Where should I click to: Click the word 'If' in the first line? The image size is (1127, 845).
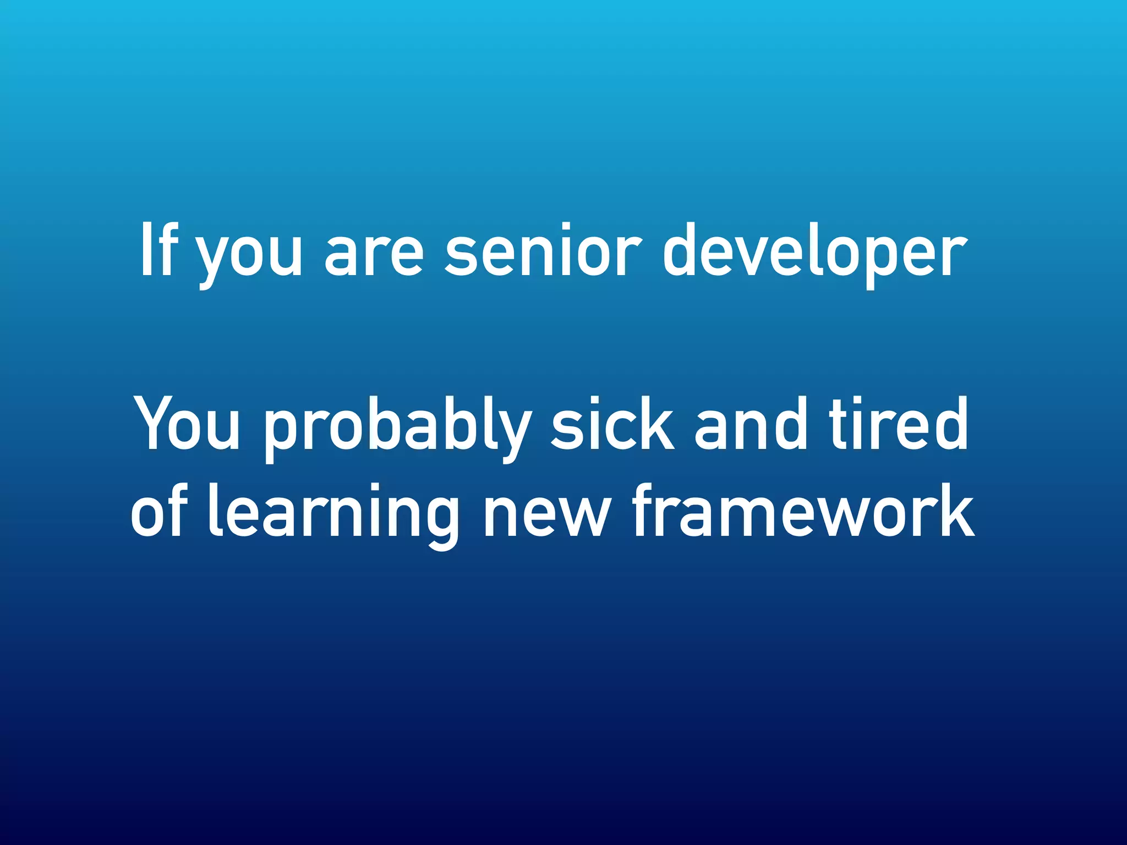158,250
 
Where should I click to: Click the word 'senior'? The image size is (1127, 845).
542,250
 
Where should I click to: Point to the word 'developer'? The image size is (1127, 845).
814,253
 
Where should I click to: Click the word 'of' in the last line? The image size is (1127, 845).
160,512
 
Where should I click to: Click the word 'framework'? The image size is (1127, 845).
803,512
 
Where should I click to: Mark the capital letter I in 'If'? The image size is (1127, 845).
146,250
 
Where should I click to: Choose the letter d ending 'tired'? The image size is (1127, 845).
949,424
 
